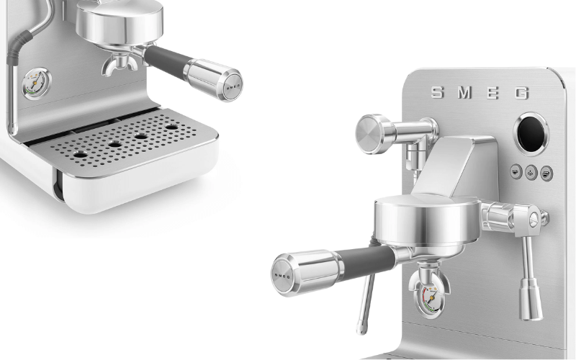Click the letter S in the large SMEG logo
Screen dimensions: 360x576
(437, 92)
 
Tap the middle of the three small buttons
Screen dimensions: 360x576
(530, 172)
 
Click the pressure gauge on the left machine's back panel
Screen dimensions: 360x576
(31, 83)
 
